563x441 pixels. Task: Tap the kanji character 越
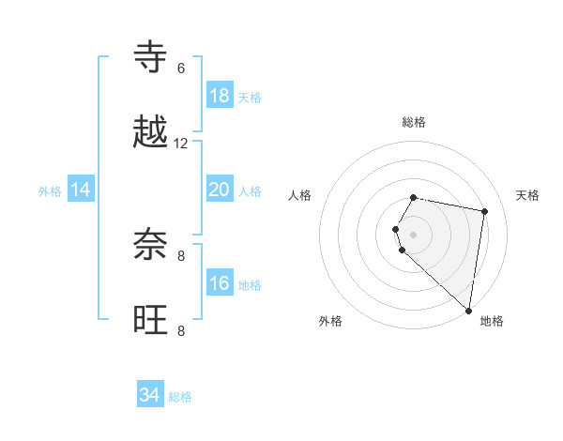151,132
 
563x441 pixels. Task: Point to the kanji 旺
151,319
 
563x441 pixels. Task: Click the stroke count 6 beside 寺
181,68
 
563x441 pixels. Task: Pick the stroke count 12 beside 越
181,144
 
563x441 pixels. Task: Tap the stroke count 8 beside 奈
181,255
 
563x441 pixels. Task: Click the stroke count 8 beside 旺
181,330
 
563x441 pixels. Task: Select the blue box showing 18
220,96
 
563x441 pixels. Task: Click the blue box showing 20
220,190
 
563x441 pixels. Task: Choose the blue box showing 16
220,283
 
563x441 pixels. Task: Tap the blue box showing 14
81,190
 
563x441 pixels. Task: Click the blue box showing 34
150,395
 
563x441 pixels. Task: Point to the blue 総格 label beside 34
180,397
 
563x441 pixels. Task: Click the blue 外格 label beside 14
50,191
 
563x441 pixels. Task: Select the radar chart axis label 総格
414,122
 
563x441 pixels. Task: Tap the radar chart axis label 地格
492,321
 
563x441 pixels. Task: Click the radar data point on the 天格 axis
484,212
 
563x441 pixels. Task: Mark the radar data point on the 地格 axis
469,310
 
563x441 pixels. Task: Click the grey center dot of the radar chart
414,234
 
